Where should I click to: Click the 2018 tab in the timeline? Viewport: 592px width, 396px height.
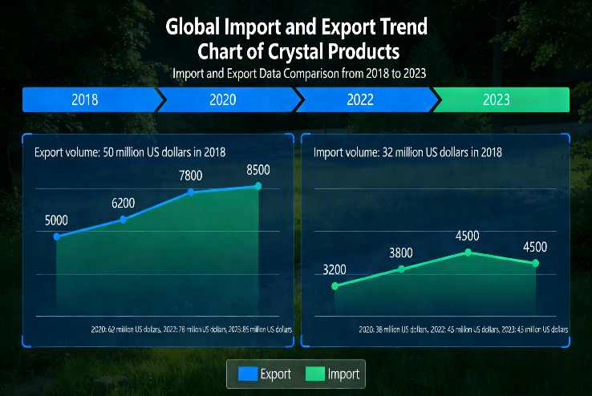point(86,100)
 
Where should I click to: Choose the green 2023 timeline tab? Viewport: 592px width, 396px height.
point(501,100)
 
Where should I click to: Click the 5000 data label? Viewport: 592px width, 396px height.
point(55,220)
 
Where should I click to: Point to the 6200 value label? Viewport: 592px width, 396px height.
point(123,203)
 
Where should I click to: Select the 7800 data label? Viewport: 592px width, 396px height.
point(190,176)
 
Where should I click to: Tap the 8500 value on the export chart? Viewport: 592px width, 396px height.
point(258,170)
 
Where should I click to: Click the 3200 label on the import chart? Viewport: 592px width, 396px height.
point(335,269)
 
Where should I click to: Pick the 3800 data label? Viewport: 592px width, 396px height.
point(401,253)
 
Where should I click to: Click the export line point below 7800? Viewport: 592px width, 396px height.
point(190,192)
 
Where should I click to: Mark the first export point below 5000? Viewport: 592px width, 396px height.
point(56,236)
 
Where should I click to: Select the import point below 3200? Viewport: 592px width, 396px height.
point(335,285)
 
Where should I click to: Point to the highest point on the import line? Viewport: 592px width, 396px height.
point(468,252)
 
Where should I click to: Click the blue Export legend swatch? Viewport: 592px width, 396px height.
point(245,374)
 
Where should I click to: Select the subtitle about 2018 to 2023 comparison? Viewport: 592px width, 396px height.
point(298,73)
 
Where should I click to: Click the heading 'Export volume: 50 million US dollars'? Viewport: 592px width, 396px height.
point(130,152)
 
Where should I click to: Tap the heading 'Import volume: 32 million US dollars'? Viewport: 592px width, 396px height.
point(408,152)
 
